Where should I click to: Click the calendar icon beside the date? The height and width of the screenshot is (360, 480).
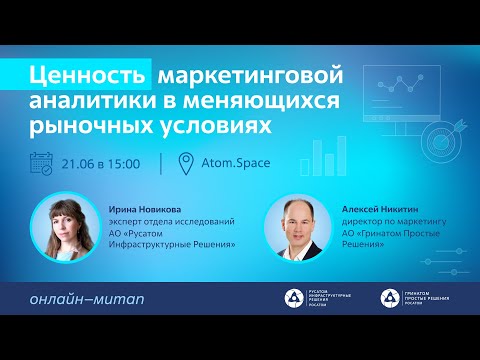coord(42,162)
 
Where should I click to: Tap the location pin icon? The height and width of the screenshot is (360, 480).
coord(184,163)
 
